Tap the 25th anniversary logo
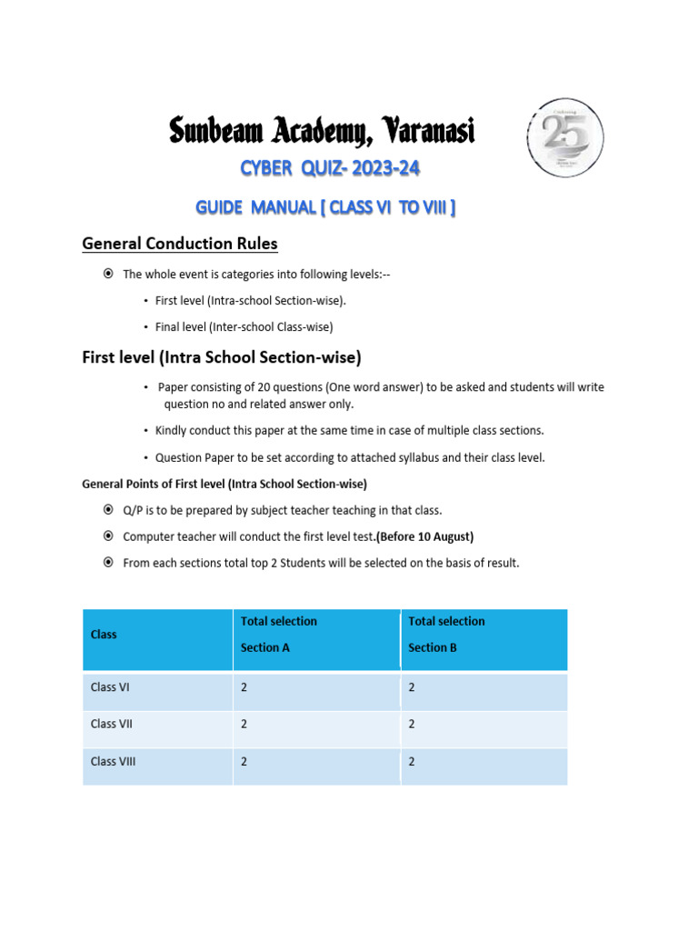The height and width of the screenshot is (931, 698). pyautogui.click(x=564, y=136)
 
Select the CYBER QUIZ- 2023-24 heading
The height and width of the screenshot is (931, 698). pyautogui.click(x=330, y=168)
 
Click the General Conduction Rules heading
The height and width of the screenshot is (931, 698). pyautogui.click(x=180, y=244)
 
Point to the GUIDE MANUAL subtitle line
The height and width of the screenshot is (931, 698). pyautogui.click(x=325, y=208)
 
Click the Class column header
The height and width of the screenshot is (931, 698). pyautogui.click(x=104, y=635)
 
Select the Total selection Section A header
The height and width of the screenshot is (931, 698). pyautogui.click(x=278, y=635)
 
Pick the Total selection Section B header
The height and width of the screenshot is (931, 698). pyautogui.click(x=446, y=635)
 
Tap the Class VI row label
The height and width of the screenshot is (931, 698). pyautogui.click(x=110, y=688)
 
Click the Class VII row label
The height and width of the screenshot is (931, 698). pyautogui.click(x=112, y=725)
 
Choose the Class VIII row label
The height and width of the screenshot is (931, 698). pyautogui.click(x=114, y=762)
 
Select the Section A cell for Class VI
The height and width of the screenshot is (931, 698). pyautogui.click(x=244, y=688)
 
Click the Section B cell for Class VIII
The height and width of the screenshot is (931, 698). pyautogui.click(x=412, y=762)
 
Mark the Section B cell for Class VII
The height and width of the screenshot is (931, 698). pyautogui.click(x=412, y=725)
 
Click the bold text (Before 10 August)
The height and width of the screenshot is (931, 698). pyautogui.click(x=424, y=536)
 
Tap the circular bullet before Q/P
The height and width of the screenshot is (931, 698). pyautogui.click(x=108, y=510)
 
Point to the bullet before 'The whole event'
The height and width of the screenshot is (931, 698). pyautogui.click(x=108, y=275)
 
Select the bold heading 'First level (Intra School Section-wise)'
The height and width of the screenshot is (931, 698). pyautogui.click(x=222, y=358)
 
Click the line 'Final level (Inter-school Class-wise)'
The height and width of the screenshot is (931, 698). pyautogui.click(x=244, y=326)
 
